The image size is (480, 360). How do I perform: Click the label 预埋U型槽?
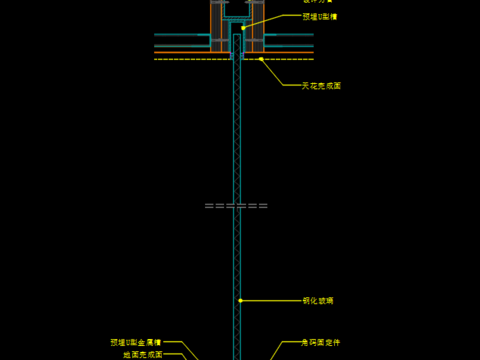(x=320, y=16)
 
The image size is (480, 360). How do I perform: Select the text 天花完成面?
(x=322, y=86)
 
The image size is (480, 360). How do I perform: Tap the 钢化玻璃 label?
(x=318, y=300)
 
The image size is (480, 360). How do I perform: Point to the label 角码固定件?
(x=321, y=342)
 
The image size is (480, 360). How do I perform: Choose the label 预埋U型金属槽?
(x=136, y=342)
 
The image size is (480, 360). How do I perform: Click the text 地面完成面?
(x=142, y=354)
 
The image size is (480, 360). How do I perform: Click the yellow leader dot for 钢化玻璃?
(x=240, y=300)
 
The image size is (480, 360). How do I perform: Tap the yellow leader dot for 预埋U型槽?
(x=243, y=27)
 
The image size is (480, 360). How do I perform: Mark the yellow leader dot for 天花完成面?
(x=261, y=59)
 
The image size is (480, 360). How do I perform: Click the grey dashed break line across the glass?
(x=237, y=205)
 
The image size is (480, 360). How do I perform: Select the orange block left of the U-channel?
(x=217, y=25)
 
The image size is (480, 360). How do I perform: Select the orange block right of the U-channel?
(x=256, y=25)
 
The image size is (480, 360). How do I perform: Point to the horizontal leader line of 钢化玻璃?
(x=270, y=300)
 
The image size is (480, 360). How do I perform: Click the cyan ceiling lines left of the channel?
(x=181, y=41)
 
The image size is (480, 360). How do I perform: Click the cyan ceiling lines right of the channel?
(x=290, y=41)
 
